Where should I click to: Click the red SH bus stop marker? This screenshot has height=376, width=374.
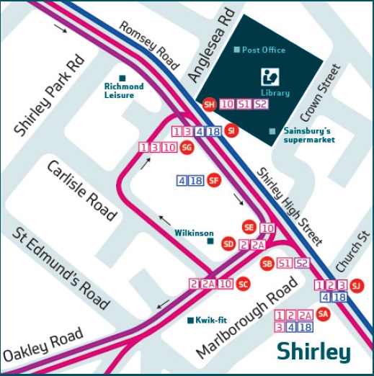tap(210, 104)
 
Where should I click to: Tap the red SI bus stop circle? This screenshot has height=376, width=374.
tap(231, 131)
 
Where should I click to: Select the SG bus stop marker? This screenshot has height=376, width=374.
tap(187, 148)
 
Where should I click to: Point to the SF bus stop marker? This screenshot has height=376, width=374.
tap(213, 181)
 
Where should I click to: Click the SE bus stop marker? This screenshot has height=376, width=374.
tap(249, 227)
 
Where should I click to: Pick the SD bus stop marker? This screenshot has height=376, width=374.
tap(228, 243)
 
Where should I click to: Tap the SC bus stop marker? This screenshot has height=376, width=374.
tap(243, 284)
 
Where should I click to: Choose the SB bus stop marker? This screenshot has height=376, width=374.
tap(267, 263)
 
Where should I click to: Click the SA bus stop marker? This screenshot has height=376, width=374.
tap(324, 314)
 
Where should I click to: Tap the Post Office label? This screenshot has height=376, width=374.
tap(264, 50)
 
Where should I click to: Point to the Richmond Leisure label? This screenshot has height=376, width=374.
tap(124, 90)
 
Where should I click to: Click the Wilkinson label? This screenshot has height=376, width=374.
tap(194, 233)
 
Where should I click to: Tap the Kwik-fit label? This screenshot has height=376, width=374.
tap(207, 321)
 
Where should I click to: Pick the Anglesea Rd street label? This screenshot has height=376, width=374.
tap(207, 48)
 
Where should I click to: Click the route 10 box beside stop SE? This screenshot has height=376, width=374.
tap(267, 228)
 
